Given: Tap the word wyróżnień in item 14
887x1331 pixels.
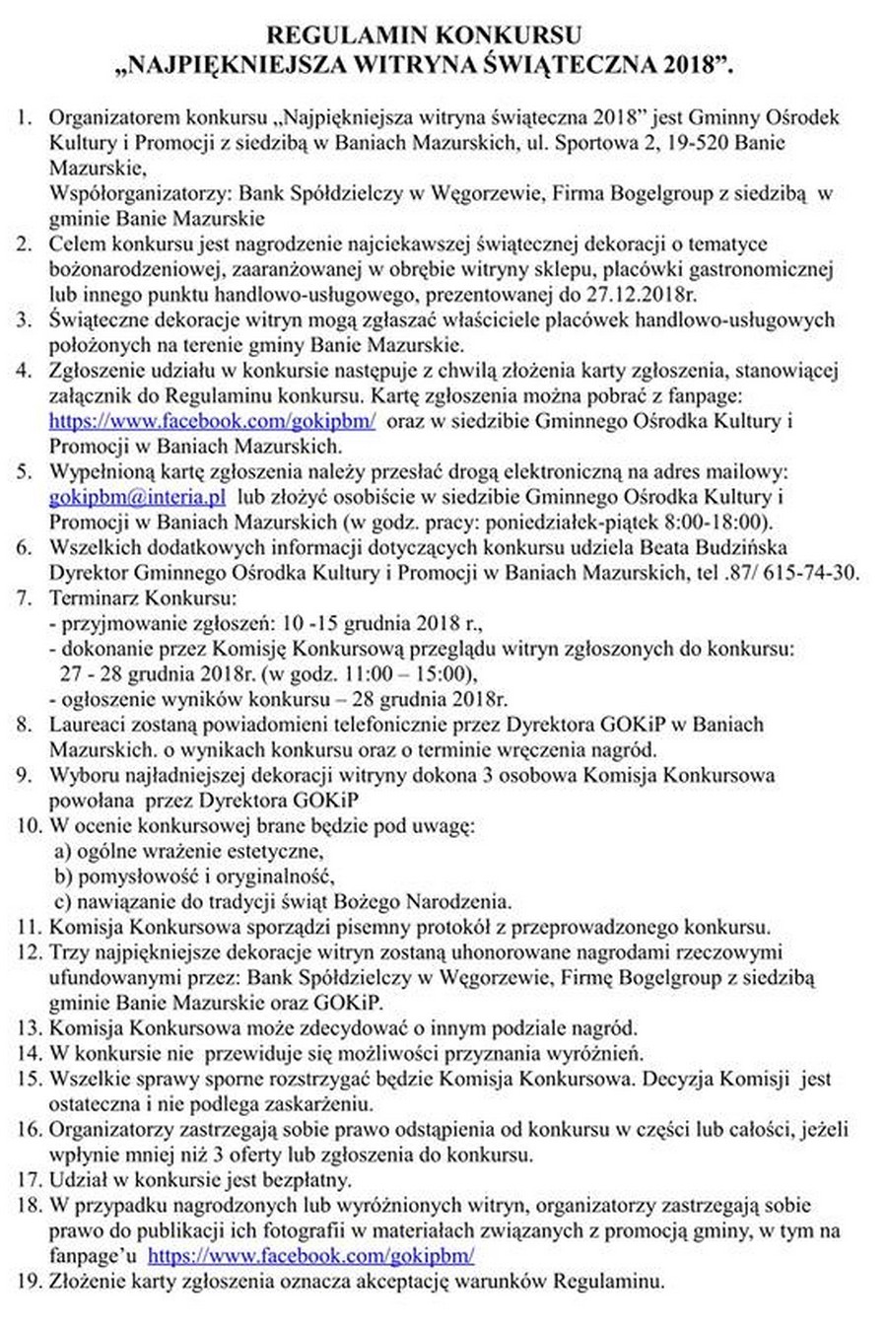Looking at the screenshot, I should tap(600, 1053).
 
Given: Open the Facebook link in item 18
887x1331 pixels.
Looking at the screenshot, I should tap(310, 1256).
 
